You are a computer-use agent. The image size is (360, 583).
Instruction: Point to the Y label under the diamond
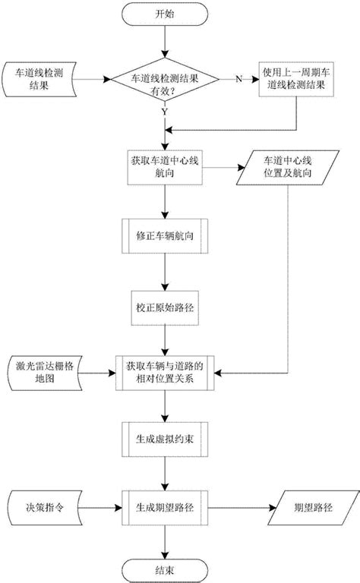(x=166, y=112)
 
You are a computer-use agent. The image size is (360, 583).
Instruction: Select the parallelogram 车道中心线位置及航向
(x=286, y=168)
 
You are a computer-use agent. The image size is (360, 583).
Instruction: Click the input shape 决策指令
(x=44, y=504)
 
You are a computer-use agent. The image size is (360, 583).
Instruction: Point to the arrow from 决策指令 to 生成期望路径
(x=99, y=504)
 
